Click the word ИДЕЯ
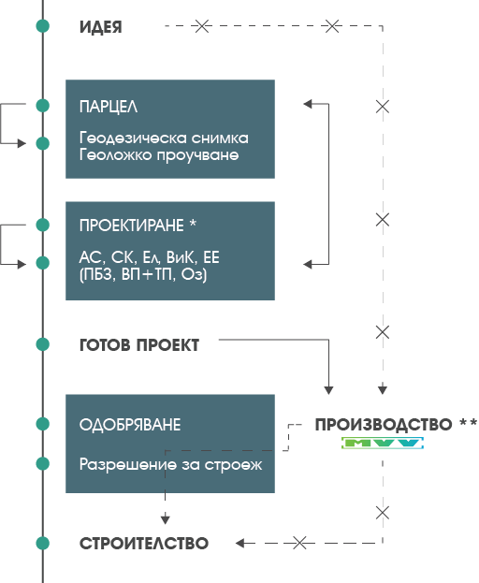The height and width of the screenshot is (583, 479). [101, 27]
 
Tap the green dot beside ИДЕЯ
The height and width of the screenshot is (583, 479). [43, 26]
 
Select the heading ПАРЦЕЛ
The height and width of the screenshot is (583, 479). [109, 107]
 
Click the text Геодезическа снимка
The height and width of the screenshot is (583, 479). [164, 138]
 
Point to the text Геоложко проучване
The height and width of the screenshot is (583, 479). [159, 154]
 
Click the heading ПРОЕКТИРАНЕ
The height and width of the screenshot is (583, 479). [132, 226]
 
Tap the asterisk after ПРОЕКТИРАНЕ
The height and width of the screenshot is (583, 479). [193, 223]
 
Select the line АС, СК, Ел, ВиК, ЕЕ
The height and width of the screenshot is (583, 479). [150, 257]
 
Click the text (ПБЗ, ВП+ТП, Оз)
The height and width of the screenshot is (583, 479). [143, 275]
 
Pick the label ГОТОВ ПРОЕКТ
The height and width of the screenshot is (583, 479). [139, 345]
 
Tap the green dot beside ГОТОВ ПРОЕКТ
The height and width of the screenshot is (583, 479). [43, 344]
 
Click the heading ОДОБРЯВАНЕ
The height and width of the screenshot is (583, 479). [130, 425]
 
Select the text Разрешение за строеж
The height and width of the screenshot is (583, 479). [171, 465]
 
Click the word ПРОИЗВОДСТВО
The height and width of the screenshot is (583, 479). [384, 425]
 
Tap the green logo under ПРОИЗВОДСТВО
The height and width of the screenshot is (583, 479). [383, 443]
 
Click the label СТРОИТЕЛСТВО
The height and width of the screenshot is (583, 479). [144, 544]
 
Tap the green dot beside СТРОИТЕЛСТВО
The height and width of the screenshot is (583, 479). [43, 543]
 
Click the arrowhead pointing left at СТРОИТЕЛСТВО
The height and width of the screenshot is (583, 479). [240, 543]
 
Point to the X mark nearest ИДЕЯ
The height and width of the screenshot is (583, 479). [202, 26]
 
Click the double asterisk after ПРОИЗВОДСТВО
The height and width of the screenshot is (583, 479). [468, 422]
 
